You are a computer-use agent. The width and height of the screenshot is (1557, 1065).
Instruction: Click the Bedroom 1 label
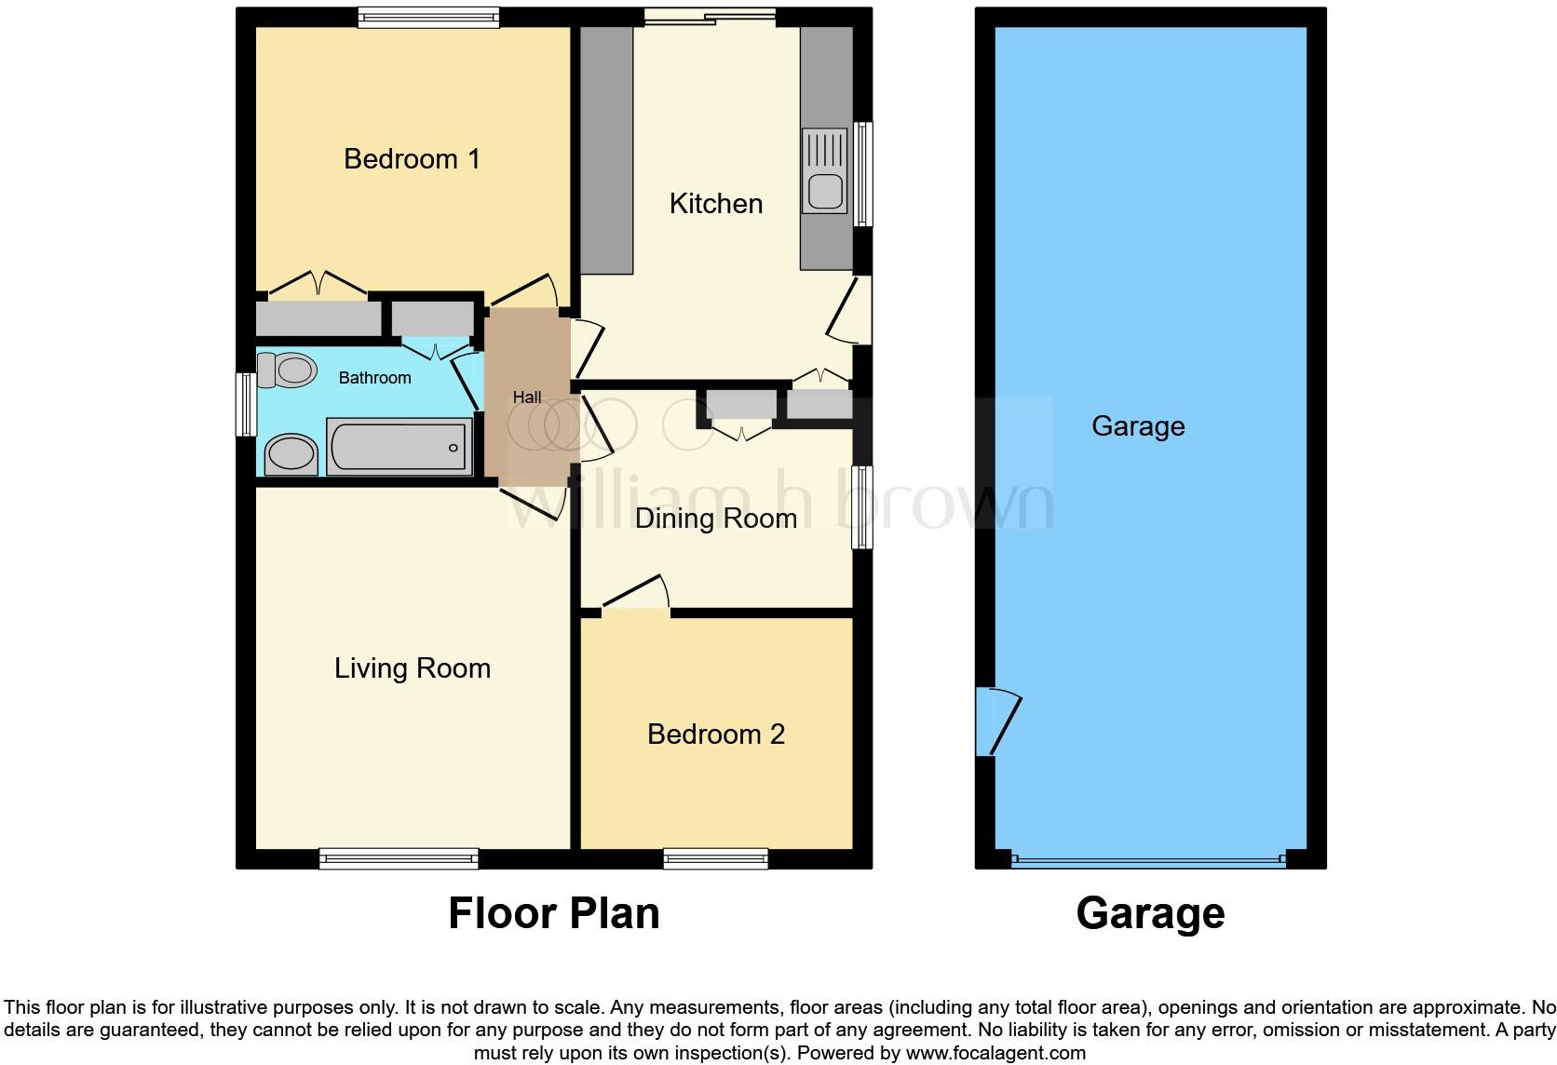coord(412,159)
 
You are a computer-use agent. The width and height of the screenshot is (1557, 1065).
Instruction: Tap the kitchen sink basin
coord(825,192)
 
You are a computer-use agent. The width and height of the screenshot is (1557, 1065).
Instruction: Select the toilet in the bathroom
coord(286,370)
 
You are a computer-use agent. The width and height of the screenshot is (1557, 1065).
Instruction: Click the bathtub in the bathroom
coord(399,446)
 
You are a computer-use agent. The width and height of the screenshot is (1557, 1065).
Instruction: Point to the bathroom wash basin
coord(291,455)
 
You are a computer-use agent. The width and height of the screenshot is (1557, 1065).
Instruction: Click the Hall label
coord(527,398)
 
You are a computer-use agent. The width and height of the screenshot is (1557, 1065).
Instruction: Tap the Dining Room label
coord(715,519)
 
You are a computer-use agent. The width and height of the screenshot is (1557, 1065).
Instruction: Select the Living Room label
coord(412,668)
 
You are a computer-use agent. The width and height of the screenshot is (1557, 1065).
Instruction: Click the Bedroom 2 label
coord(715,735)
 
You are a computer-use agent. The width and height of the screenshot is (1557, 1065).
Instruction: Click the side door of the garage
coord(996,721)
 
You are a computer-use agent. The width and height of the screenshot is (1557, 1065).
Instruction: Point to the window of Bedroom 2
coord(715,858)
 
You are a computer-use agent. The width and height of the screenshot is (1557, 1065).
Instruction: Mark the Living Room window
coord(399,858)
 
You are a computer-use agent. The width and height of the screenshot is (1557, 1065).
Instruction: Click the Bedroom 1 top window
coord(428,18)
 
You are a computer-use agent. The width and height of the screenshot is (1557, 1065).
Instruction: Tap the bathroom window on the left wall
coord(246,404)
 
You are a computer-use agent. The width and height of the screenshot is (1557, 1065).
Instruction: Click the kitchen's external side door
coord(852,309)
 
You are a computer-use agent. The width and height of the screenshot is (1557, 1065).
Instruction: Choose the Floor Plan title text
coord(554,913)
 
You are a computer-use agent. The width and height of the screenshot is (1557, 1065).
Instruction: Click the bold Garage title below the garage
coord(1150,913)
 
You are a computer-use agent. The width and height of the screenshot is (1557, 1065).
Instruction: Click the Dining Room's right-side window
coord(863,506)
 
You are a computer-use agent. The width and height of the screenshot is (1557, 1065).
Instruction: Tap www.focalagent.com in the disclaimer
coord(995,1054)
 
